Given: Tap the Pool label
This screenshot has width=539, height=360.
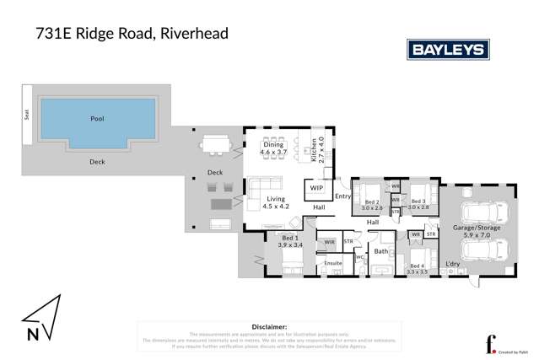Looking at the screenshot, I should [97, 119].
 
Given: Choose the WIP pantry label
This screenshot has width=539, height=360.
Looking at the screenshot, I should [317, 188].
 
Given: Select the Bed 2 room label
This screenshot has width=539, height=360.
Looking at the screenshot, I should [372, 203].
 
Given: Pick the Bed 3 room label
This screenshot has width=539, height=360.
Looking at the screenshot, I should [418, 203].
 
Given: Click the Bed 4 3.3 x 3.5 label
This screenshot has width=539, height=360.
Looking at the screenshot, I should [418, 268].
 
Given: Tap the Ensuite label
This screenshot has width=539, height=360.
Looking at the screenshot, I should [333, 264].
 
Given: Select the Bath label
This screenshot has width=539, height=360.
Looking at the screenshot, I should [381, 250].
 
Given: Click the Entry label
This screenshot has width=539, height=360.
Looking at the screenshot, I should [342, 196].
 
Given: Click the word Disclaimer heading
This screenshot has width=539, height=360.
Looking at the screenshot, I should [270, 326].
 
